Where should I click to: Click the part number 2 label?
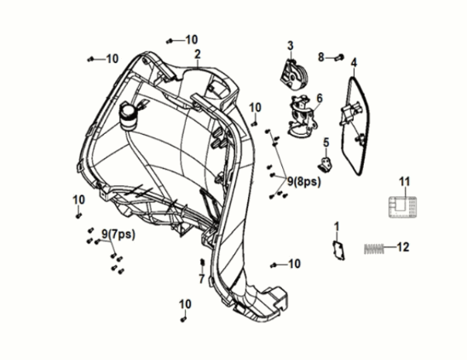pos(197,54)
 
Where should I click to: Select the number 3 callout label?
pos(290,45)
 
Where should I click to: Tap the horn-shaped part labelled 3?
pos(295,73)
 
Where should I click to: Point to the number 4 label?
pos(354,61)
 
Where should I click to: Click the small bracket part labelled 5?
pos(326,162)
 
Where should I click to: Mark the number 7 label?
pos(201,279)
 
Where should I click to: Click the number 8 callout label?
pos(321,57)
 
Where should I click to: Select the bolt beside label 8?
pos(337,57)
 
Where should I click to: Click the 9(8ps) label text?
pos(303,181)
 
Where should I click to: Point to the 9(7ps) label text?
pos(116,233)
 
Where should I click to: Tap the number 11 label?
pos(405,181)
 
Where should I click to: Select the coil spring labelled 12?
pos(375,248)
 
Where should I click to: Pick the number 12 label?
pos(403,247)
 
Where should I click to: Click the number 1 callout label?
pos(336,226)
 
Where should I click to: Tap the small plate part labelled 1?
pos(337,250)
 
